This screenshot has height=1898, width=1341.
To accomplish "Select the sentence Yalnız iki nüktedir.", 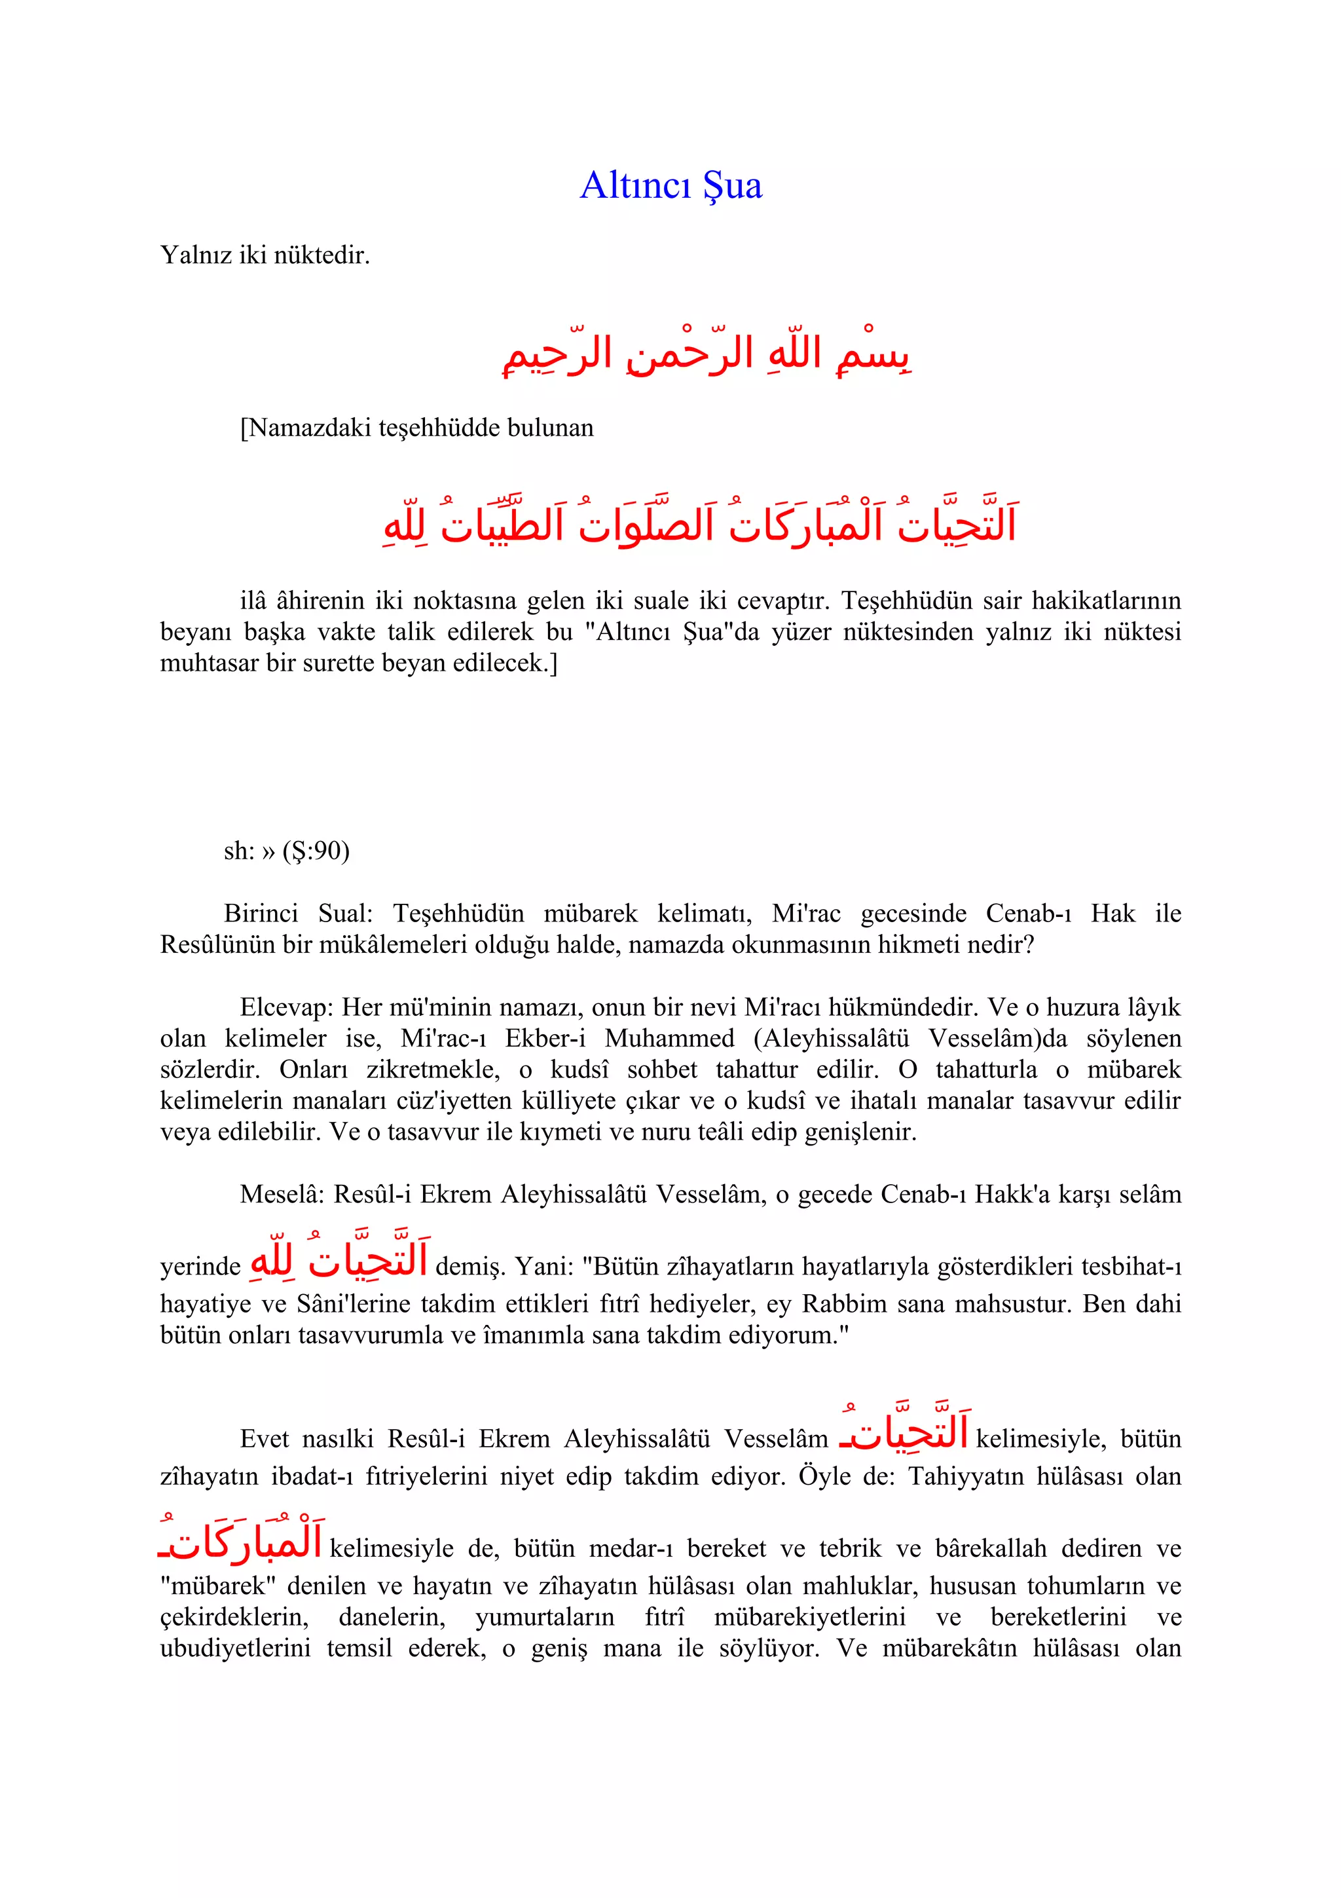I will coord(265,255).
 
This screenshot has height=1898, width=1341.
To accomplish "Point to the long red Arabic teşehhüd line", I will coord(699,524).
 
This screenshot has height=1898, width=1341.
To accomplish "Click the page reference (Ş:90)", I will coord(316,851).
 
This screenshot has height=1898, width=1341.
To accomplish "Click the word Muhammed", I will coord(669,1038).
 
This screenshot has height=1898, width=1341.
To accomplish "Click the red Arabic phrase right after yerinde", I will coord(339,1261).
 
